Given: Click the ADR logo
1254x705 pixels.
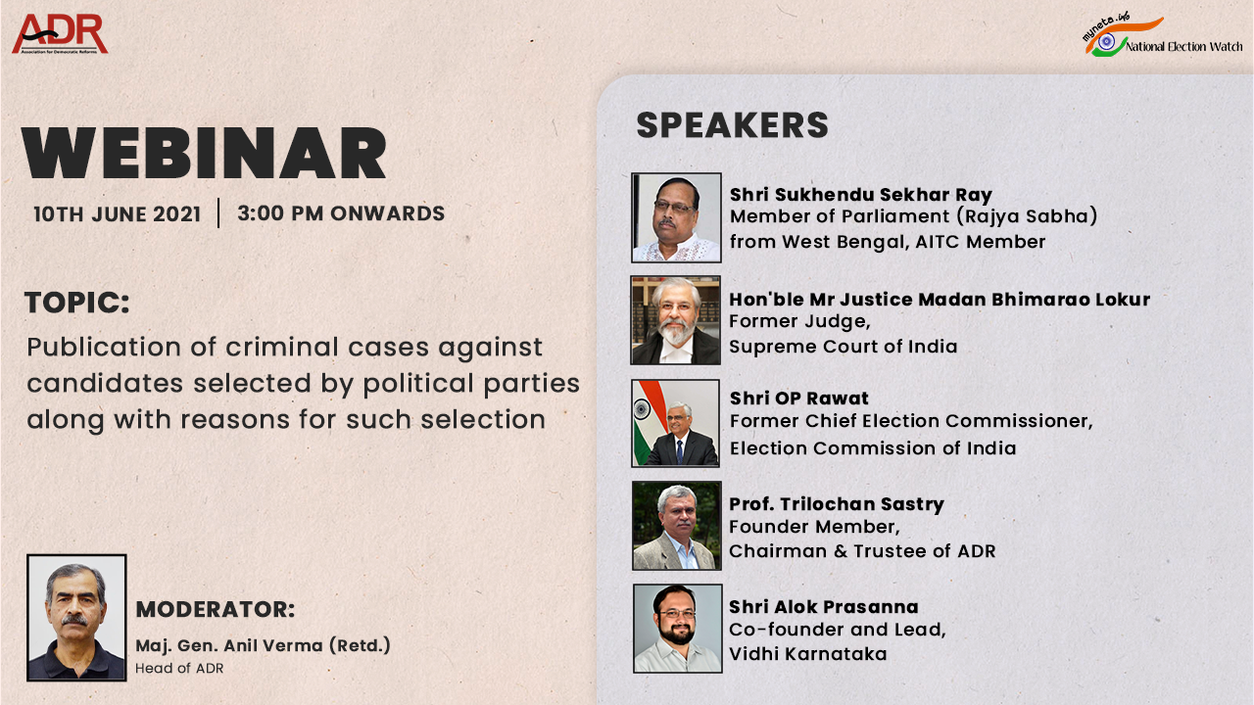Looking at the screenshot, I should coord(60,34).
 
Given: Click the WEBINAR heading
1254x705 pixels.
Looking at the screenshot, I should coord(205,153).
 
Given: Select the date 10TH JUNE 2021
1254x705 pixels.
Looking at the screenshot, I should coord(117,213).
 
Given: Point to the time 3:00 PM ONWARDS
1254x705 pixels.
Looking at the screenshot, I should coord(341,213).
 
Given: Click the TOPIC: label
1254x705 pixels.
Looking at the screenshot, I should coord(77,303).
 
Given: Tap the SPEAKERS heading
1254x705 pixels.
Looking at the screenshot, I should coord(732,125).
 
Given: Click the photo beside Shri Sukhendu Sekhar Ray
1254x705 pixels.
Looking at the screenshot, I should coord(676,217).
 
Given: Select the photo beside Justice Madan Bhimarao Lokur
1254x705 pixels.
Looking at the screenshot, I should coord(676,320).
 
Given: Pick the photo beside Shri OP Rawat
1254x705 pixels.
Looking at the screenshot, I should coord(676,423).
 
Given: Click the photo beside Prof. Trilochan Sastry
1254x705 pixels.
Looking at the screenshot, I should coord(676,526).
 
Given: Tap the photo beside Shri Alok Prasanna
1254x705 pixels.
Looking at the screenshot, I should coord(677,628).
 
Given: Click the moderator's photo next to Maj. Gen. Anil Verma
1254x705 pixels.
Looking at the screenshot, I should coord(76,617).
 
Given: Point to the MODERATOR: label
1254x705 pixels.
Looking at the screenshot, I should coord(216,609).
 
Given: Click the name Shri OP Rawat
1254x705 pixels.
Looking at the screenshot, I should coord(799,399).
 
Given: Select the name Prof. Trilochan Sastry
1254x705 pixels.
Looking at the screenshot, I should coord(837,504).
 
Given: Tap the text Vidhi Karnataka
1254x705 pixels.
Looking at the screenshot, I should coord(807,653).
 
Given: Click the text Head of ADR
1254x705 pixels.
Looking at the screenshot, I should coord(179,668).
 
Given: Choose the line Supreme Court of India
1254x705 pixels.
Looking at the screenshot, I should coord(844,346).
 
